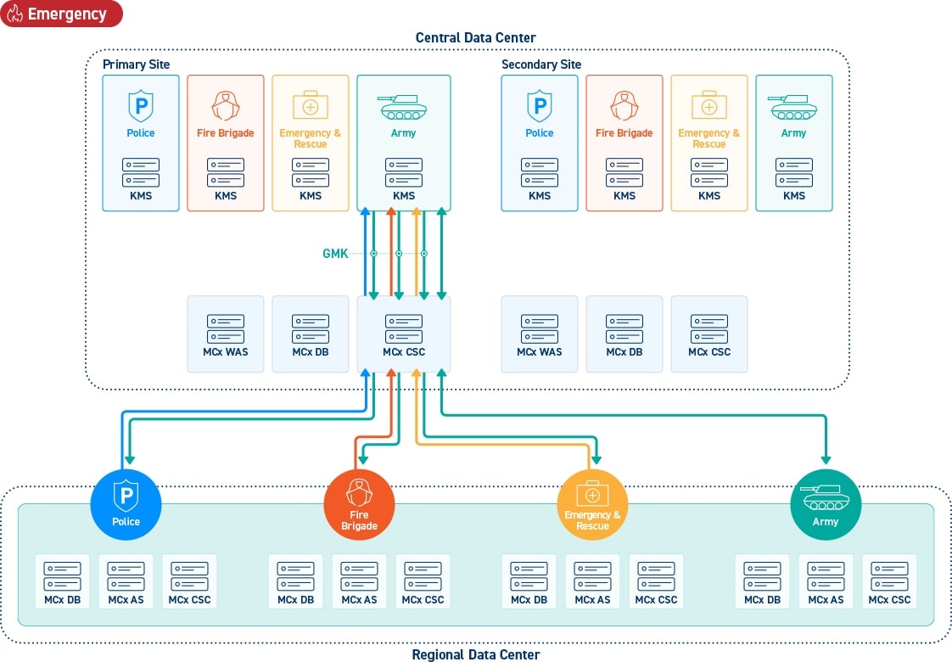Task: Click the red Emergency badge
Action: [x=61, y=14]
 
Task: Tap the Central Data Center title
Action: [x=475, y=37]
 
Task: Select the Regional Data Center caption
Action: [x=475, y=654]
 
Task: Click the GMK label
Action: [x=335, y=253]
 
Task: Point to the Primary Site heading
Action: [x=136, y=65]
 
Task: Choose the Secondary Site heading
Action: [x=541, y=65]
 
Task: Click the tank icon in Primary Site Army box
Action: [x=403, y=107]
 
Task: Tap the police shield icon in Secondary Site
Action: [x=539, y=106]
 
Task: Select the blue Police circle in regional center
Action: [x=126, y=505]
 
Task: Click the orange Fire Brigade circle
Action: [x=359, y=505]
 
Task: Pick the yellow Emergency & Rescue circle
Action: [x=592, y=505]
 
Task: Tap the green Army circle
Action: [x=825, y=505]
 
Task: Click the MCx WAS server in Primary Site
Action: [x=225, y=334]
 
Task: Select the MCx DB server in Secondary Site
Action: [x=624, y=334]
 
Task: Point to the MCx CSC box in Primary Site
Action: [x=404, y=334]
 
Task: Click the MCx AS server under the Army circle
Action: [x=826, y=581]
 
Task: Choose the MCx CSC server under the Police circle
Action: [x=189, y=581]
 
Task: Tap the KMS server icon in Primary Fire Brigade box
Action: [x=225, y=172]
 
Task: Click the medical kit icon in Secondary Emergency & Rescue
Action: [x=709, y=104]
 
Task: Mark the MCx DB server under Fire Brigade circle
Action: [x=295, y=581]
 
